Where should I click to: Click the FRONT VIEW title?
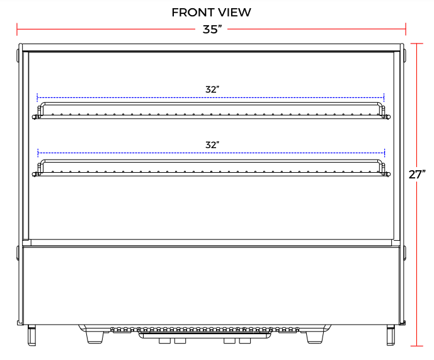[x=211, y=12]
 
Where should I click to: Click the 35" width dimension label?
[x=212, y=30]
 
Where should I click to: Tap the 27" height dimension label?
[x=417, y=175]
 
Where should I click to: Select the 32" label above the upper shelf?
[x=212, y=90]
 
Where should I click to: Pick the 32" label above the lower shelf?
[x=212, y=144]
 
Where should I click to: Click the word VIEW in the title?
[x=234, y=12]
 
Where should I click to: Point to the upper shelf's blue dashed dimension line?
[x=126, y=98]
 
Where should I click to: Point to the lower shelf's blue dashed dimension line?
[x=126, y=153]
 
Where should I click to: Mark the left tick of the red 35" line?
[x=18, y=29]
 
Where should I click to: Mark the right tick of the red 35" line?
[x=406, y=29]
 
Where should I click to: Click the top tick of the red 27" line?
[x=416, y=43]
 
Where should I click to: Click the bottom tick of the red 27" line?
[x=416, y=345]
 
